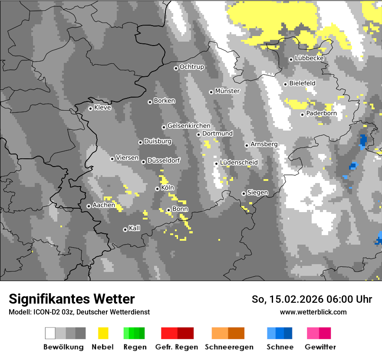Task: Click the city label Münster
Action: (227, 91)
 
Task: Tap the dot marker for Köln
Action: (157, 189)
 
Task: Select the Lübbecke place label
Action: (309, 58)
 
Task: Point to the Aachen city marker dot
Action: (89, 206)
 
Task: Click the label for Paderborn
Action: (321, 114)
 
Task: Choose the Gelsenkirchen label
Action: (189, 126)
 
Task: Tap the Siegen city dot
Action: (244, 193)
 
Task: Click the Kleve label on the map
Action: (102, 108)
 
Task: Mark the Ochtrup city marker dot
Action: (176, 68)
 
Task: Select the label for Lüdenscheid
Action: (239, 162)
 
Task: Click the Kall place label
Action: (135, 228)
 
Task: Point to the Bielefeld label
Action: (302, 83)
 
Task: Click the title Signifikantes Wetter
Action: (72, 299)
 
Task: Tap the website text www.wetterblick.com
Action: (313, 312)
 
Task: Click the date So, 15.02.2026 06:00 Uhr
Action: (312, 299)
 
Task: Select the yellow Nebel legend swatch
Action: (103, 333)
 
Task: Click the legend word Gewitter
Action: (320, 347)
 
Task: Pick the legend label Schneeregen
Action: (229, 347)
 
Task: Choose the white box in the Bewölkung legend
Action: (50, 333)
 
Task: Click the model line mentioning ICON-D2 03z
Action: (79, 312)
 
